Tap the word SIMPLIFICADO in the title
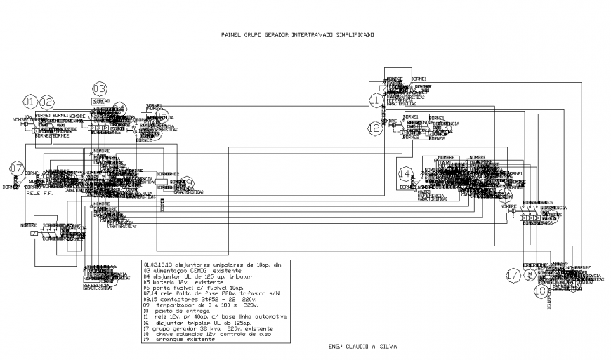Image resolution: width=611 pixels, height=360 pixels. click(351, 34)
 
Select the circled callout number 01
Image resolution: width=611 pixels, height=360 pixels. click(30, 101)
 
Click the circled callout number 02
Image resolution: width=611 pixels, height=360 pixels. click(46, 101)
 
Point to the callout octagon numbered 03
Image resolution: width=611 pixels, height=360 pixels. click(100, 88)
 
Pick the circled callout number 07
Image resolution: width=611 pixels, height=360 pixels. click(17, 168)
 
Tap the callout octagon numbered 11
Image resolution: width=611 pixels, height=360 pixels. click(376, 101)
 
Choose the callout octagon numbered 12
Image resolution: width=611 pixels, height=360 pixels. click(374, 128)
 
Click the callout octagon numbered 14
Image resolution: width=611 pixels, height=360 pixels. click(405, 173)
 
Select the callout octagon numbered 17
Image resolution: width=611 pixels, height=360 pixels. click(513, 276)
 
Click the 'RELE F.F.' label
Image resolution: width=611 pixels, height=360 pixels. click(39, 192)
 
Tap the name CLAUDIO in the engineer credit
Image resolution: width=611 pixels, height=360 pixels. click(360, 347)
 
